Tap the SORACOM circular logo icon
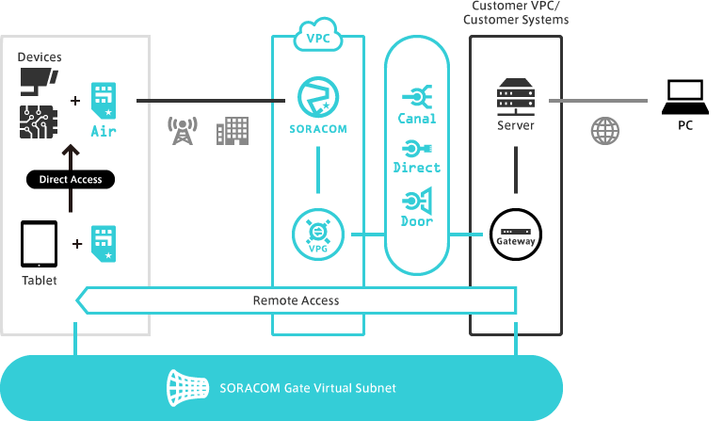tap(318, 97)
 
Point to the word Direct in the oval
tap(417, 168)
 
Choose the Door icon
tap(416, 200)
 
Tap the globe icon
tap(605, 130)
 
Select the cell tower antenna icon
tap(179, 131)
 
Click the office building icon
tap(232, 131)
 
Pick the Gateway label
tap(516, 242)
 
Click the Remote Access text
tap(296, 300)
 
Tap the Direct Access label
tap(71, 179)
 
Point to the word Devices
tap(40, 57)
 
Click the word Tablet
tap(40, 281)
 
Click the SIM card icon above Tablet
tap(104, 242)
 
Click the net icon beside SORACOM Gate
tap(186, 386)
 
